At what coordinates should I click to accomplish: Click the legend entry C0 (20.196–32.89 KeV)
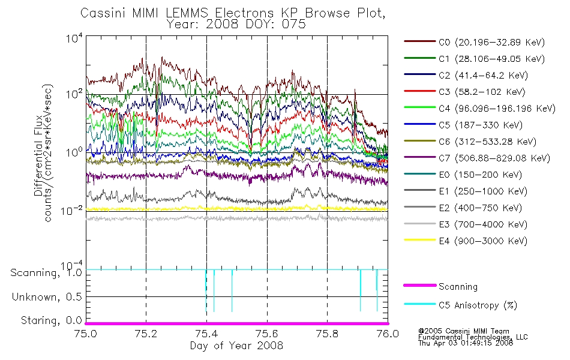475,42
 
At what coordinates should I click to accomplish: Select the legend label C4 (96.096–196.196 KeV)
480,109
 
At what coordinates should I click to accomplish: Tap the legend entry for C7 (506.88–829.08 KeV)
477,158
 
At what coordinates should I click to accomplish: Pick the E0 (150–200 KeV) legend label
463,175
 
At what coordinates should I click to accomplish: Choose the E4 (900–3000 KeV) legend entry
466,241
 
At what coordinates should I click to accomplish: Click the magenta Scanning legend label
440,287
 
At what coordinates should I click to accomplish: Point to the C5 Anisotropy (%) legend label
461,305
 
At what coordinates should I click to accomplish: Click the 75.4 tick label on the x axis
206,334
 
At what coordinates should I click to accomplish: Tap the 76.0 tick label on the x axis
388,334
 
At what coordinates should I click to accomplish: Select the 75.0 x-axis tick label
85,334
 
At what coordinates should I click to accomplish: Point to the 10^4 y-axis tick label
74,38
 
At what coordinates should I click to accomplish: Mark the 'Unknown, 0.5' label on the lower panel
47,297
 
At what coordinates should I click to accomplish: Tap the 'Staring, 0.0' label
51,320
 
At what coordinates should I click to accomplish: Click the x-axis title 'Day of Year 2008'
236,346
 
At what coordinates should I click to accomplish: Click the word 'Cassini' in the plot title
103,13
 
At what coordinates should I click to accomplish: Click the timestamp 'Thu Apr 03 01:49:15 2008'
466,343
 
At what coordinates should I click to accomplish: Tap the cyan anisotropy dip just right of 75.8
360,290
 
